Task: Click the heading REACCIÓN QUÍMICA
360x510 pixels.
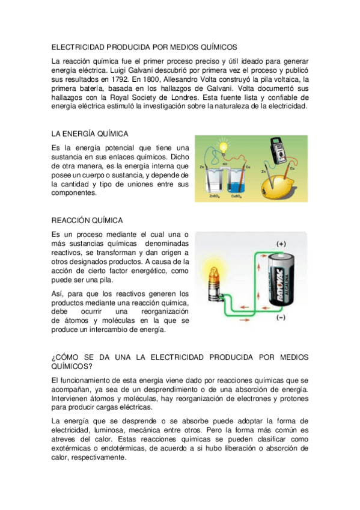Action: pyautogui.click(x=87, y=221)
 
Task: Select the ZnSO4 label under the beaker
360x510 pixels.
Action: pyautogui.click(x=215, y=196)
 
